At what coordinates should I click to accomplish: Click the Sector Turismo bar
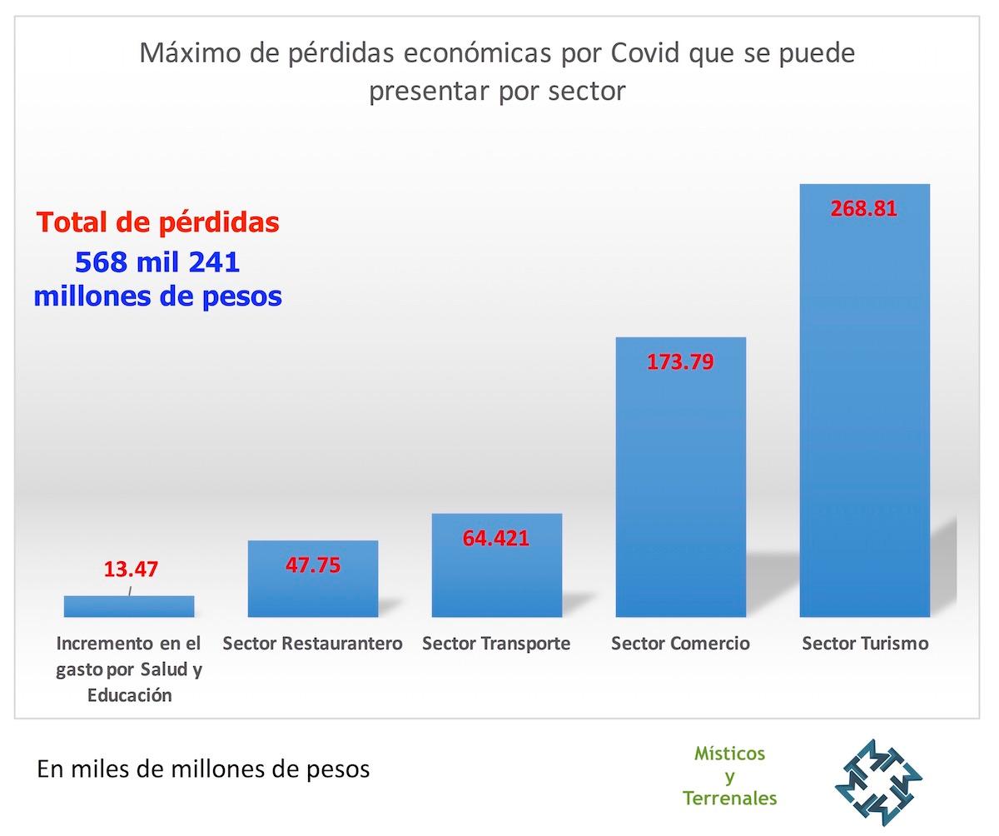[x=864, y=416]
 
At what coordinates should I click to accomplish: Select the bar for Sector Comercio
[x=680, y=491]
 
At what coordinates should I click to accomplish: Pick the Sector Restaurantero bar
[x=312, y=591]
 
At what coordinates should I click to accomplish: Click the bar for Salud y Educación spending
[x=129, y=607]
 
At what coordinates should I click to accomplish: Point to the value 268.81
[x=864, y=208]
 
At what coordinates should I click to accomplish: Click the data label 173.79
[x=680, y=362]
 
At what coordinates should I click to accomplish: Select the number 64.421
[x=496, y=538]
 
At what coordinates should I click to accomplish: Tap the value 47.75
[x=312, y=565]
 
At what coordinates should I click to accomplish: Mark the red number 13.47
[x=131, y=570]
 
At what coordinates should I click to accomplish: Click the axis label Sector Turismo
[x=865, y=644]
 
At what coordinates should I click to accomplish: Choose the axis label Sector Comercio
[x=680, y=644]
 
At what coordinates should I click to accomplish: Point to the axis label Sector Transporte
[x=496, y=644]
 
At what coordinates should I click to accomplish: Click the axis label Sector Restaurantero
[x=312, y=644]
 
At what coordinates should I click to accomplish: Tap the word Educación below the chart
[x=130, y=695]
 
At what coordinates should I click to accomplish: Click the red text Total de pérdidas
[x=158, y=223]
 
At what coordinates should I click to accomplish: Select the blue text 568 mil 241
[x=157, y=262]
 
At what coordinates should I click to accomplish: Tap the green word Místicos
[x=729, y=754]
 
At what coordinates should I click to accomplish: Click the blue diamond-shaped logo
[x=878, y=783]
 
